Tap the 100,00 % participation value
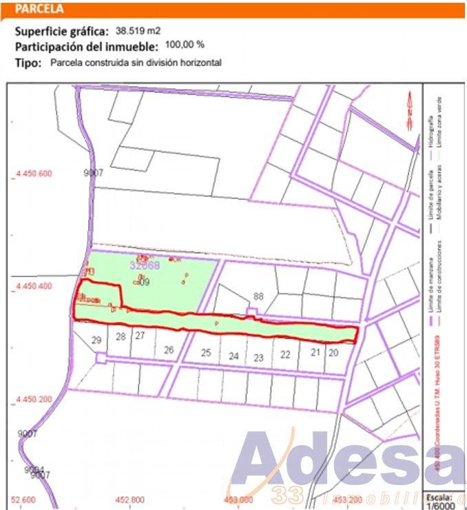pyautogui.click(x=185, y=45)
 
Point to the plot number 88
pyautogui.click(x=258, y=296)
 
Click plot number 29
pyautogui.click(x=96, y=340)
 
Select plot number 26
pyautogui.click(x=169, y=349)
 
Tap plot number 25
pyautogui.click(x=205, y=352)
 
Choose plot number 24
pyautogui.click(x=234, y=356)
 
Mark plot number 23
pyautogui.click(x=258, y=358)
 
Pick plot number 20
pyautogui.click(x=333, y=352)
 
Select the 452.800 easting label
pyautogui.click(x=129, y=500)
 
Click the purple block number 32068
pyautogui.click(x=145, y=265)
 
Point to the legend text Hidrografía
pyautogui.click(x=431, y=131)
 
